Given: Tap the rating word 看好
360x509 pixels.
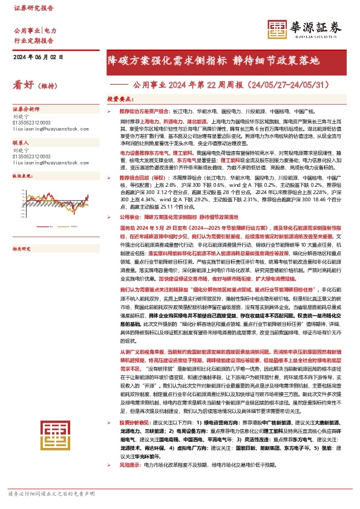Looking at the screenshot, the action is (x=24, y=85).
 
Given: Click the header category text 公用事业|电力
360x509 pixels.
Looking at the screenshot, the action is (x=35, y=30).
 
